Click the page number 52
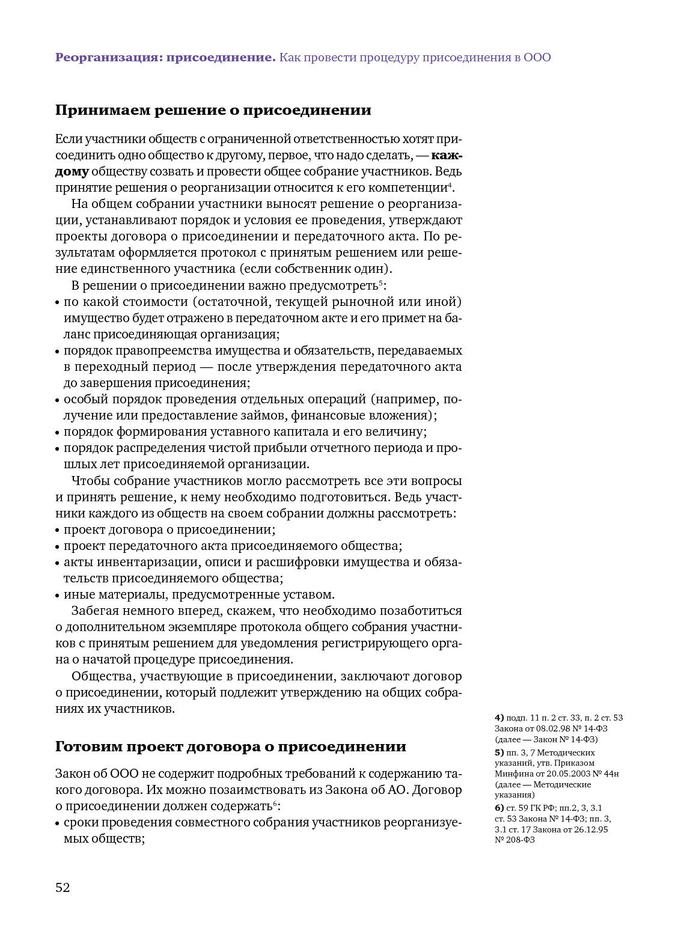63,887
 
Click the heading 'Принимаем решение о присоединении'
213,111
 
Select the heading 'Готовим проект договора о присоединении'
231,746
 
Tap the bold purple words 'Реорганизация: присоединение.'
165,58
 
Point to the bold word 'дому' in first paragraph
72,172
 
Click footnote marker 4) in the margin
499,718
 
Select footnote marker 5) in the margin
499,752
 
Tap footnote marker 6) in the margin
499,808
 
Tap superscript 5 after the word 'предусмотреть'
380,282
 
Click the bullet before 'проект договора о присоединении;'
58,531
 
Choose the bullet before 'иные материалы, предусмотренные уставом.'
58,596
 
